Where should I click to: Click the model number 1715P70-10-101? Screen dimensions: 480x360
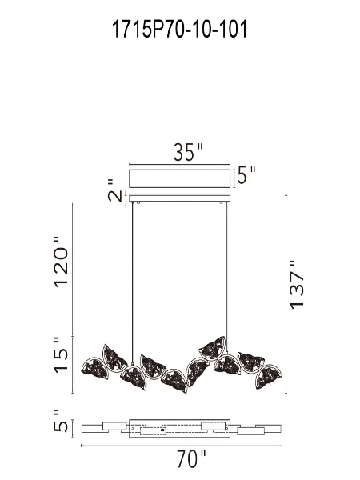tap(180, 30)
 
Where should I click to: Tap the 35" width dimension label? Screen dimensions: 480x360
tap(189, 153)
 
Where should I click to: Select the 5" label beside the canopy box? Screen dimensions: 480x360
tap(246, 175)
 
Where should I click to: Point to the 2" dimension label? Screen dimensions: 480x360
tap(115, 194)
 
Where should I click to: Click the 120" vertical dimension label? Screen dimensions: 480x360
tap(62, 264)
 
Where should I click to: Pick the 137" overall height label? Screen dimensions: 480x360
tap(298, 285)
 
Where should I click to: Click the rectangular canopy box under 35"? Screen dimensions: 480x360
tap(180, 178)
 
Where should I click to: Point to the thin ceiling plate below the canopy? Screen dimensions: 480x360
tap(180, 198)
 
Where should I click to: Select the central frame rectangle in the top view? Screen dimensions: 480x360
tap(180, 428)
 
